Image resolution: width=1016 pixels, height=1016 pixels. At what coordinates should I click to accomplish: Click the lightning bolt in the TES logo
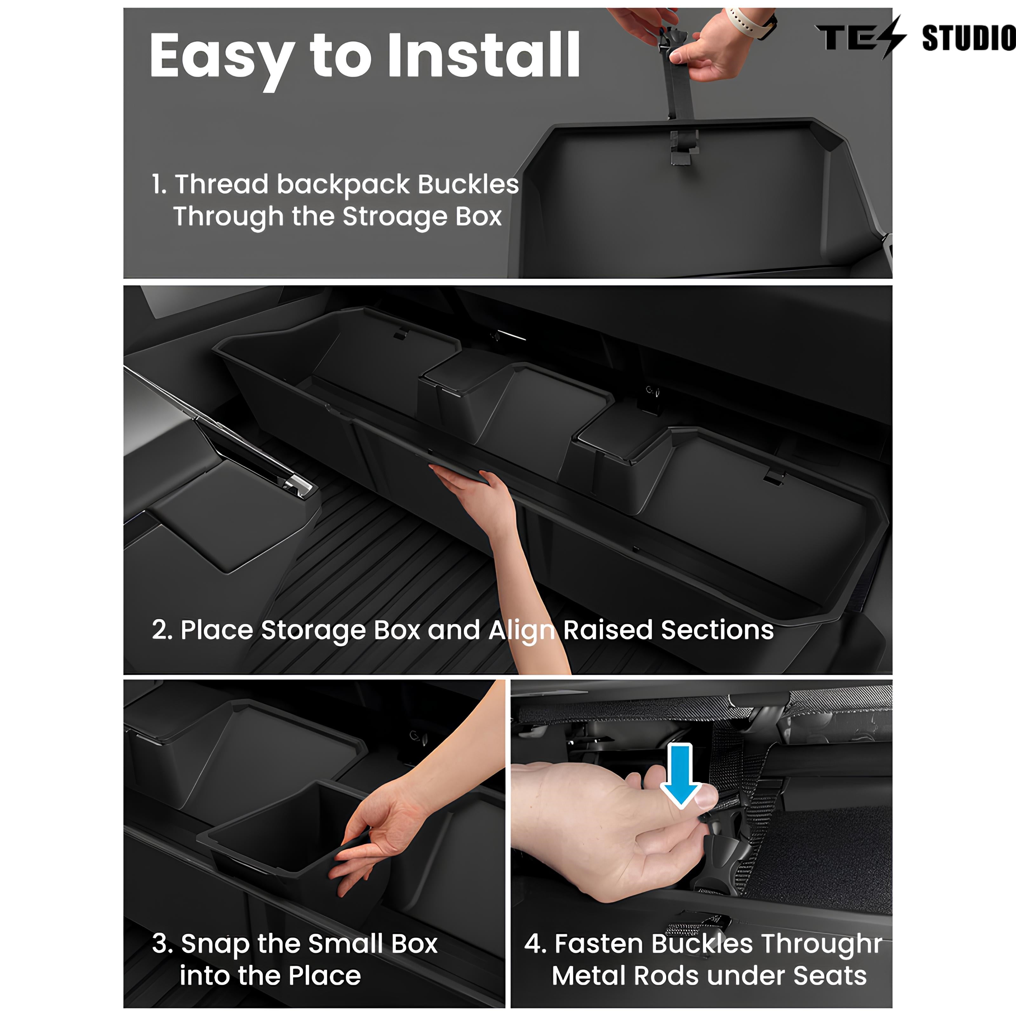[893, 37]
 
